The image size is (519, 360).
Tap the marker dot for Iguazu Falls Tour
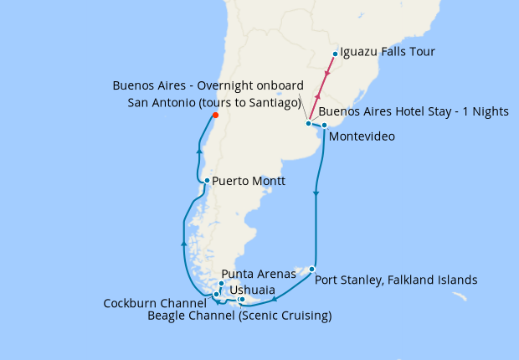(335, 54)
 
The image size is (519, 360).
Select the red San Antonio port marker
(215, 116)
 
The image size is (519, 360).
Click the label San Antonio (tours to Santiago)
(214, 102)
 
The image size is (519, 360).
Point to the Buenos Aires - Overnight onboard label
(208, 86)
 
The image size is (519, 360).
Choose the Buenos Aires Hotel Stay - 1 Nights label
(414, 111)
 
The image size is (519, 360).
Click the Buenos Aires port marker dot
(309, 123)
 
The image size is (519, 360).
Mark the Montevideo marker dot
(324, 126)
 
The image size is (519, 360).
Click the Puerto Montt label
(249, 181)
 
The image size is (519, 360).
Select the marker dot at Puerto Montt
(207, 180)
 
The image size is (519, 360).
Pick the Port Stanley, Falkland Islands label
(396, 280)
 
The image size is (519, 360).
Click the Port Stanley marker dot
(311, 270)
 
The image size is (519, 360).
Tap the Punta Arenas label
(260, 273)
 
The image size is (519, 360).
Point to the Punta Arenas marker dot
(221, 284)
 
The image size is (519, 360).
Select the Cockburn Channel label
(155, 303)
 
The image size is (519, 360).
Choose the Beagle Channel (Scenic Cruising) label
(239, 316)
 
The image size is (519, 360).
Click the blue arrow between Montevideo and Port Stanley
(316, 195)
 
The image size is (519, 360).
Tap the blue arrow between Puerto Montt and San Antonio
(198, 151)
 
